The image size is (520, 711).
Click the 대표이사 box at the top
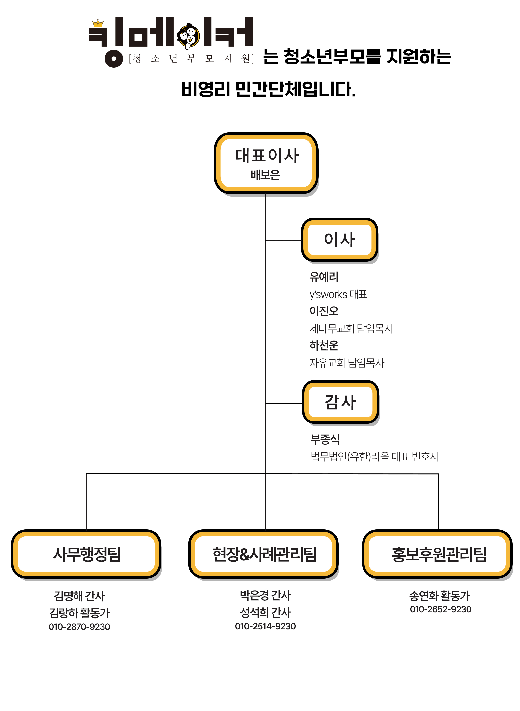[x=266, y=163]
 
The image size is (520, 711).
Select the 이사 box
[x=339, y=240]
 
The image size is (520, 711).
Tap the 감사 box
[x=340, y=402]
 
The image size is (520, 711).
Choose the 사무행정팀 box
[x=86, y=554]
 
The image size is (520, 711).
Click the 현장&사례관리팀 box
[x=264, y=554]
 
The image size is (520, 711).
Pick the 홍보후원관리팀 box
[x=438, y=554]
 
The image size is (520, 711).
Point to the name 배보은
[x=265, y=175]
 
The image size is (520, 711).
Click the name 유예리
[x=324, y=277]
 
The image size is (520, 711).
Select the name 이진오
[x=324, y=311]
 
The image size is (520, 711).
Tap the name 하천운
[x=324, y=345]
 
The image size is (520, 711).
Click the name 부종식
[x=325, y=439]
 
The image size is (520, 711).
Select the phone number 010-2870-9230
[x=79, y=627]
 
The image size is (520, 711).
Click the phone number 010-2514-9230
[x=265, y=626]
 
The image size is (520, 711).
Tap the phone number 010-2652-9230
[x=440, y=609]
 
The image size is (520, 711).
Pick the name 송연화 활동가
[x=440, y=596]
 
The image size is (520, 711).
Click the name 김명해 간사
[x=79, y=596]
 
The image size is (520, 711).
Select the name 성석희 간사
[x=265, y=612]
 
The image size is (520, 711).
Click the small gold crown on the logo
[x=98, y=23]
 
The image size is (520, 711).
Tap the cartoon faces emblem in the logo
[x=188, y=36]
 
